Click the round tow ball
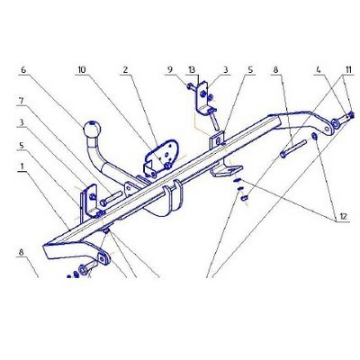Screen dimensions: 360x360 [x=92, y=130]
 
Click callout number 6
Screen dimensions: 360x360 [x=23, y=69]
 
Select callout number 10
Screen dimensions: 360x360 [x=82, y=69]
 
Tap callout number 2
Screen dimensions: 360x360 [x=125, y=69]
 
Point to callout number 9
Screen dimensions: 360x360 [x=170, y=69]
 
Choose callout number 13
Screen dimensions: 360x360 [x=192, y=69]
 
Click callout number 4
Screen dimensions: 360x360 [x=318, y=69]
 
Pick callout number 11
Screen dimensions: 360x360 [x=348, y=69]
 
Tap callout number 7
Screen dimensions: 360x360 [x=21, y=101]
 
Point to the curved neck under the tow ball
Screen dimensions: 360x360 [x=99, y=160]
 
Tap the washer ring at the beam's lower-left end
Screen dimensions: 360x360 [x=81, y=268]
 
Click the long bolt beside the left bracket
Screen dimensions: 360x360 [x=111, y=198]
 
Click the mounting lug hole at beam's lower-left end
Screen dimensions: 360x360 [x=103, y=258]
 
